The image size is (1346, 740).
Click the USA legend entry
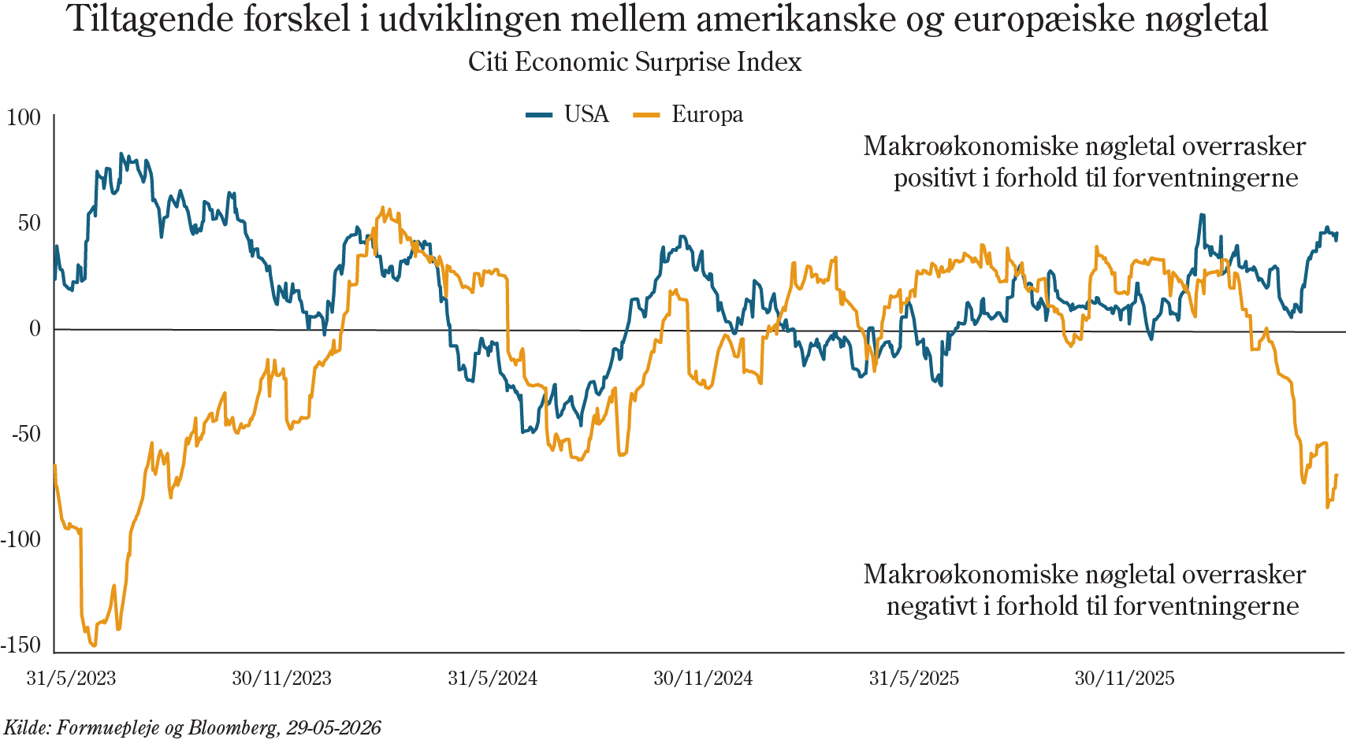pos(568,114)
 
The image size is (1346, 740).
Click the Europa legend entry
pos(689,114)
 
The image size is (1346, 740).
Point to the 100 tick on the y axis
pos(24,117)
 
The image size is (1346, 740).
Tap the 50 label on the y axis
pos(29,224)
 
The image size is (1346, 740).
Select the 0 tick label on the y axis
pos(35,329)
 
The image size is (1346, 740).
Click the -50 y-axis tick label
pos(26,435)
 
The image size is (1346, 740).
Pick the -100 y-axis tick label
pos(20,540)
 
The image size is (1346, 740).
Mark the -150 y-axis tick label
pos(20,646)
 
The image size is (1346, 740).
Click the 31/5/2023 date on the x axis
pos(72,678)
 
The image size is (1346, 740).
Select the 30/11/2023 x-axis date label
pos(282,678)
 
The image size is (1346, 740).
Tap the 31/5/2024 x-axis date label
pos(493,678)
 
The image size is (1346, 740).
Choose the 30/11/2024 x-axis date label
pos(703,678)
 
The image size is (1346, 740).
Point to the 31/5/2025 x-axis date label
pos(914,678)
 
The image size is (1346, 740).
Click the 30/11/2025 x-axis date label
pos(1125,678)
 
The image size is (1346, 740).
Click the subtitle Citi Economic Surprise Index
pos(635,62)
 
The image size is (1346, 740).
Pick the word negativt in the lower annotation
pos(930,606)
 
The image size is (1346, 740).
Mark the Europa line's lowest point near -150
pos(93,646)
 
